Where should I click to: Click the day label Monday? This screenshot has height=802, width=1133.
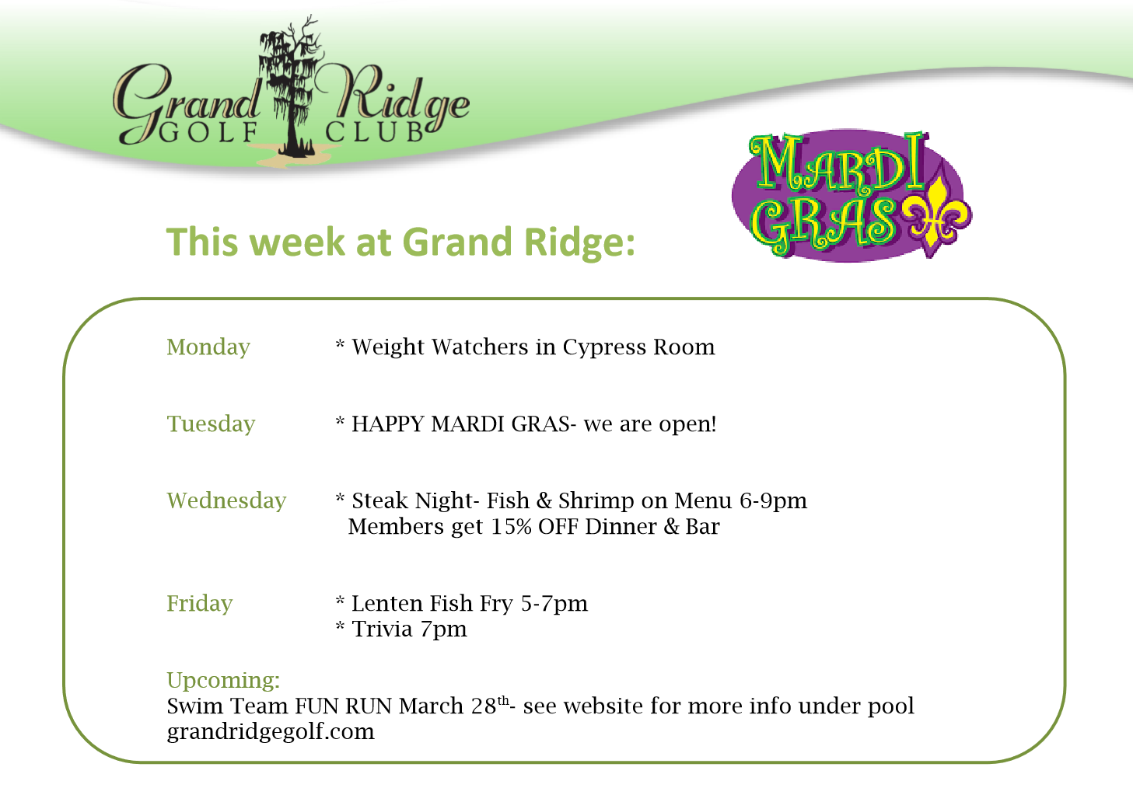208,347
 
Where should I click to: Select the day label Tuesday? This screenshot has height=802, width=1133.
211,424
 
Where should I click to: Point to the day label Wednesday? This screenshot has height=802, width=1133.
226,500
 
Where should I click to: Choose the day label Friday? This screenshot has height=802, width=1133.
200,604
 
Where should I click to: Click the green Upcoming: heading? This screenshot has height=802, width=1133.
223,681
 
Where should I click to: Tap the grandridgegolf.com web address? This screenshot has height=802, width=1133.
271,732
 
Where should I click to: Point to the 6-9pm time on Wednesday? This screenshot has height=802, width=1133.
774,501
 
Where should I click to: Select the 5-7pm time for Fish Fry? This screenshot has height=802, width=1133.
554,604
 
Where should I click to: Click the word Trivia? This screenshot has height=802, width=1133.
382,629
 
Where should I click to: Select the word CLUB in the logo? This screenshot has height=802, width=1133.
375,132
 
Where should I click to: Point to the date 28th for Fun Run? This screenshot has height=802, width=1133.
490,706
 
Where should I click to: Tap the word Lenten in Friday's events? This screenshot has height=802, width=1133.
387,603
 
